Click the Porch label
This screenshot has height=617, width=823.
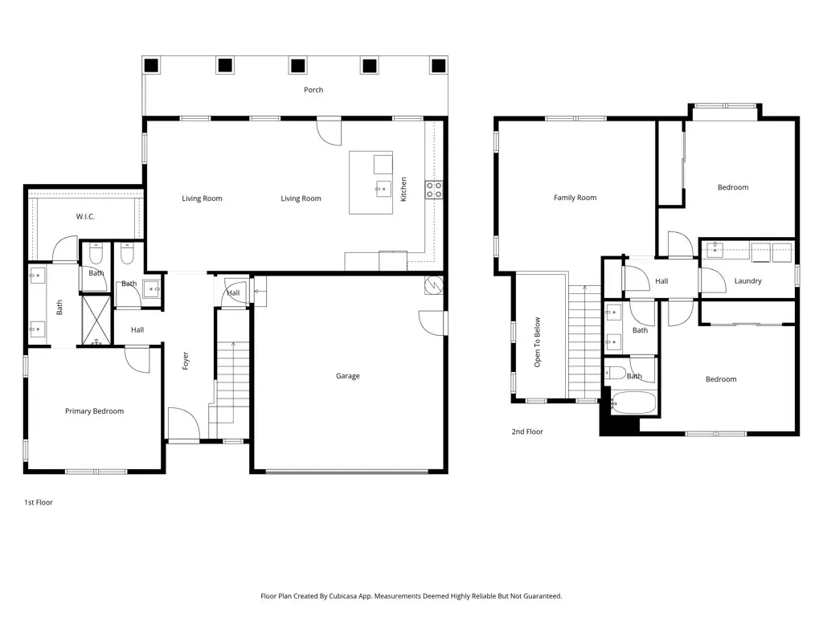(x=313, y=90)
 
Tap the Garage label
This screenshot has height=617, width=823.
(x=347, y=376)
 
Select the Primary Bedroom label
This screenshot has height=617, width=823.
(x=95, y=411)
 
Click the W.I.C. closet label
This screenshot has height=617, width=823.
(x=85, y=216)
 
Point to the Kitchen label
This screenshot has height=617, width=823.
(x=403, y=189)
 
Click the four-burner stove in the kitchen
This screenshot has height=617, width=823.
(x=434, y=190)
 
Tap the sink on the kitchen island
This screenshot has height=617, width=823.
(x=383, y=188)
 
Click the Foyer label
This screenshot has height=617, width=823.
(x=186, y=361)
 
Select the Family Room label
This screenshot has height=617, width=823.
(x=575, y=198)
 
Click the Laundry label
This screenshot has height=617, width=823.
(x=747, y=280)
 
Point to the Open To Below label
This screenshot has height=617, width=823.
(x=537, y=342)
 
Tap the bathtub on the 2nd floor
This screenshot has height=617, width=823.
(x=633, y=402)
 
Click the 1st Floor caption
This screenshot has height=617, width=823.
(x=39, y=502)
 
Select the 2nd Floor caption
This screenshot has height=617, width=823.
(x=527, y=431)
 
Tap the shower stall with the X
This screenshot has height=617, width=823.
(x=96, y=320)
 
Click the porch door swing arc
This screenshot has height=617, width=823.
(x=329, y=133)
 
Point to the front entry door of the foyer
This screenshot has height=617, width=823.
(x=183, y=423)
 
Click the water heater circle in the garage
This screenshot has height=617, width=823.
(x=434, y=285)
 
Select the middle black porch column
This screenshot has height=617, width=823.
(x=297, y=66)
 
